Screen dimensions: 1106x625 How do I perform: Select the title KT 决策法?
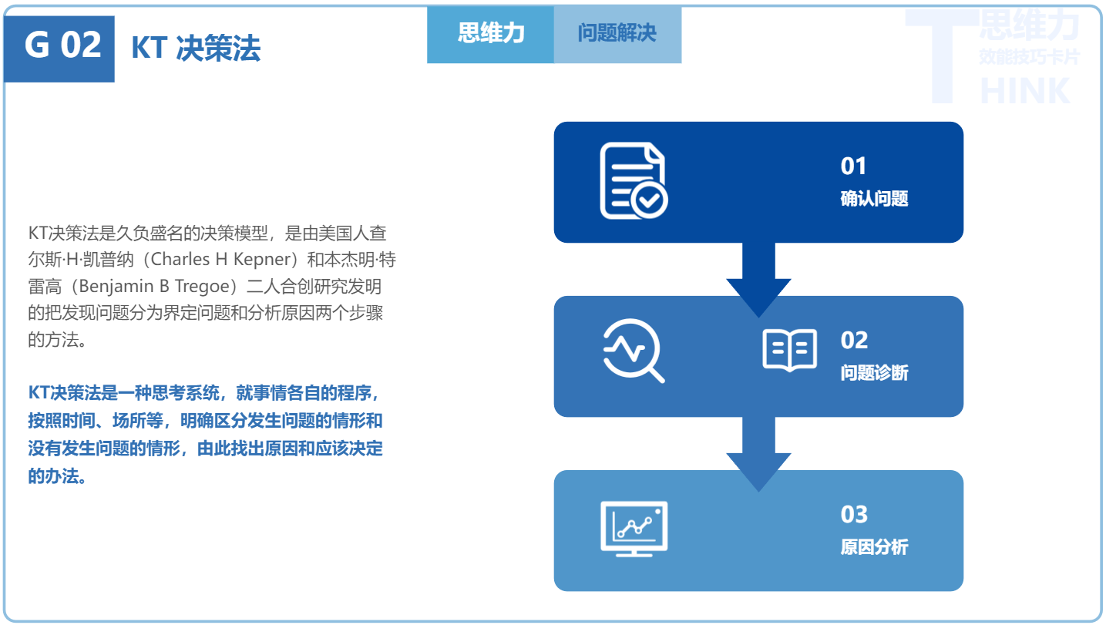[196, 49]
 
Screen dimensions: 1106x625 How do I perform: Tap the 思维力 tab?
[491, 33]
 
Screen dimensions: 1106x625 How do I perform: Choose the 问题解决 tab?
[617, 33]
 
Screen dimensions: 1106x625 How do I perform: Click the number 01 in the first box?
[854, 166]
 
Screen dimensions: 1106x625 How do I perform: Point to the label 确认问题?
[874, 199]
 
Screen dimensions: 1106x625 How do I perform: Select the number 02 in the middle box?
[854, 340]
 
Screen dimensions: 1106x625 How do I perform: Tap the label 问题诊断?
[874, 373]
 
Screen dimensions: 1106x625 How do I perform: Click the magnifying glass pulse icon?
[633, 351]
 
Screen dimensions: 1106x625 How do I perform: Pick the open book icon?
[789, 351]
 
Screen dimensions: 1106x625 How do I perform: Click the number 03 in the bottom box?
[854, 514]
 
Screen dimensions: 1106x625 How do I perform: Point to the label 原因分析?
[874, 547]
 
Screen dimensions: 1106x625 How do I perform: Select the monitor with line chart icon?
[634, 528]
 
